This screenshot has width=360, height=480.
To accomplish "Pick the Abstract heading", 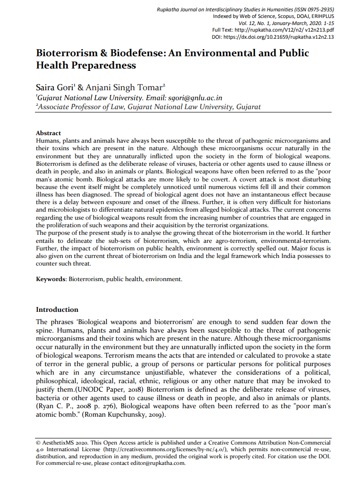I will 48,133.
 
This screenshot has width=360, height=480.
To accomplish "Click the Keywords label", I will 51,279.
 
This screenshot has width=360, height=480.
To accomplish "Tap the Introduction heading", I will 57,309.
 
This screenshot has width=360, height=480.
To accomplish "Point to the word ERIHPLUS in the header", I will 321,17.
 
